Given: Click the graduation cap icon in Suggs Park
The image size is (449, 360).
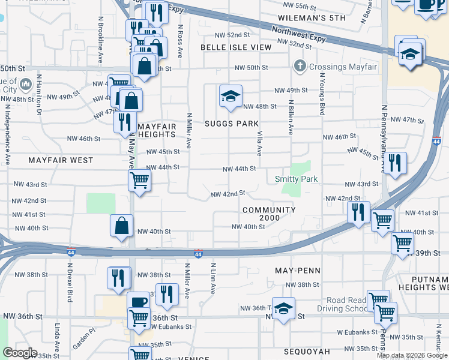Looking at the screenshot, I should click(230, 97).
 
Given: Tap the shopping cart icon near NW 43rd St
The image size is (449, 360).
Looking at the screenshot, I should click(139, 179).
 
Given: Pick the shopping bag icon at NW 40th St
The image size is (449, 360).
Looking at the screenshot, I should click(121, 226).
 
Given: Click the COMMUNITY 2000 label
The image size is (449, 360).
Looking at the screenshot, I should click(269, 214).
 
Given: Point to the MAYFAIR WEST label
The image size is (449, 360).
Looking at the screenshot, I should click(61, 160).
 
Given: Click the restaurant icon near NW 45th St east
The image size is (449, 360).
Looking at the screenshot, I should click(394, 163).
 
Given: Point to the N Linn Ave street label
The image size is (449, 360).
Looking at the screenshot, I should click(213, 278).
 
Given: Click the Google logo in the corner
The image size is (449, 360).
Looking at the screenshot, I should click(20, 353).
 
